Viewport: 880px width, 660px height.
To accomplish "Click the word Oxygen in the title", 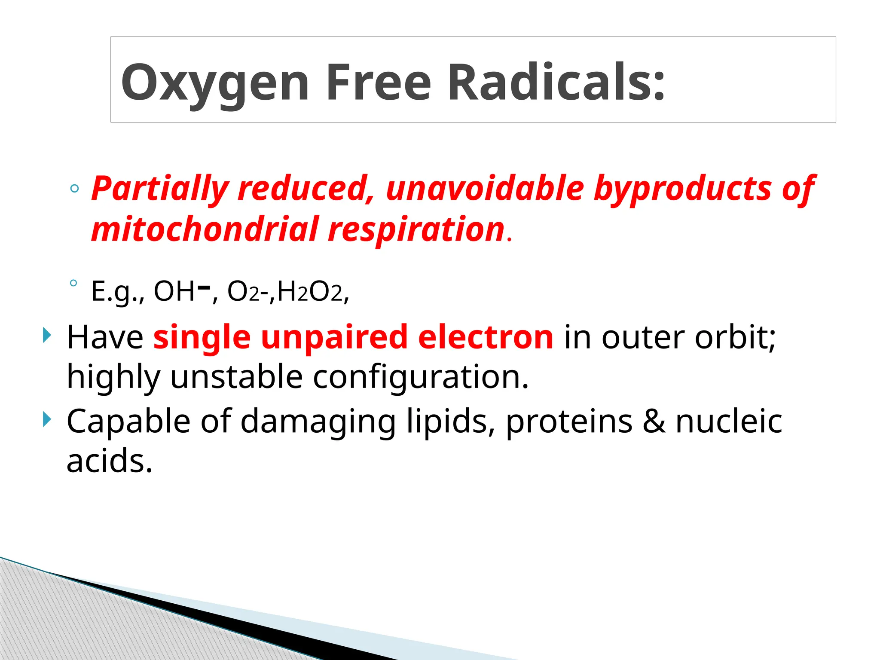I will (x=214, y=82).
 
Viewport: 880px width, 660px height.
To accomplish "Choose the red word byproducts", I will (x=683, y=189).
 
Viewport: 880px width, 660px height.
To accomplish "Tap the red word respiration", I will (x=416, y=230).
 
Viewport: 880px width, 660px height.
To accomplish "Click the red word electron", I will (x=486, y=337).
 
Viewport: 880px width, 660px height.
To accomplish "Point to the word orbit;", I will (x=735, y=337).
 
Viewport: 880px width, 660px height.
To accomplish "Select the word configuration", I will (x=420, y=377).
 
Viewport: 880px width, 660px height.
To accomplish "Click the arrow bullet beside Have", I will (x=46, y=335).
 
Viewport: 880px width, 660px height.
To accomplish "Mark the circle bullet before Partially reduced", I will (x=74, y=189).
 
